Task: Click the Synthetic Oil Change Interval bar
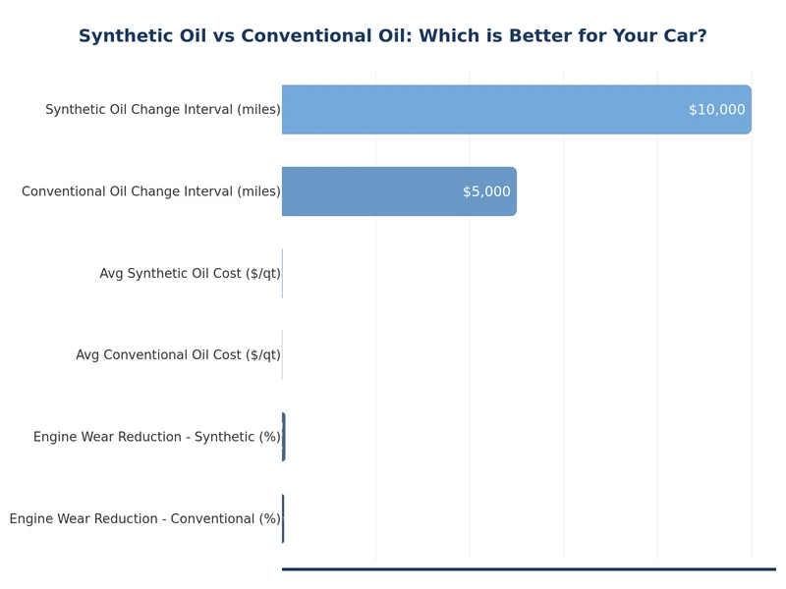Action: click(491, 110)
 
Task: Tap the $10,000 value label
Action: click(716, 110)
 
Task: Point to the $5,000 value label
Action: click(486, 191)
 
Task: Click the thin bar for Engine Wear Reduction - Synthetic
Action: click(283, 437)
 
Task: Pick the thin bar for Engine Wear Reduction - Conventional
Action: click(283, 518)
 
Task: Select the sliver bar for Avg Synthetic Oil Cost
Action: click(282, 273)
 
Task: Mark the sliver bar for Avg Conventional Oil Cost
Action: click(282, 355)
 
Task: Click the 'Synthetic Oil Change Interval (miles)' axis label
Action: click(162, 110)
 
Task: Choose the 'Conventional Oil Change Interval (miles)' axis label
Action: click(150, 191)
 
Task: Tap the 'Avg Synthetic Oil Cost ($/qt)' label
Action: click(190, 273)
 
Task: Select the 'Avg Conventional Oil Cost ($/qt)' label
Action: click(178, 355)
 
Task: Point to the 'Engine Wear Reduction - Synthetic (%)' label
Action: click(156, 437)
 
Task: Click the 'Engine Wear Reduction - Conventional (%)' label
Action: click(144, 518)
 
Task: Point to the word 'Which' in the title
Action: click(450, 36)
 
